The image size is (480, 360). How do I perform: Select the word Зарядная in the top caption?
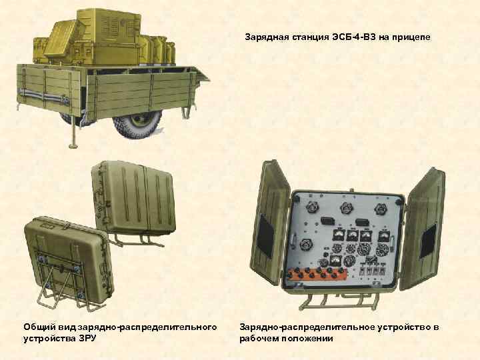(x=267, y=37)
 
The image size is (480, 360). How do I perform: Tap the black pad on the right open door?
(x=428, y=241)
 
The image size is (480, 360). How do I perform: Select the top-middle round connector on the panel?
(x=346, y=209)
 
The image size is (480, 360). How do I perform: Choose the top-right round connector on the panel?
(x=381, y=209)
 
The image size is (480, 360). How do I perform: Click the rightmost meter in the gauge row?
(x=384, y=236)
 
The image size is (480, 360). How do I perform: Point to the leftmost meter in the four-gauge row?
(x=339, y=235)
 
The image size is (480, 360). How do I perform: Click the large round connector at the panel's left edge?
(x=306, y=245)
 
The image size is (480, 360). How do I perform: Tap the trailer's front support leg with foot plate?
(x=73, y=131)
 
